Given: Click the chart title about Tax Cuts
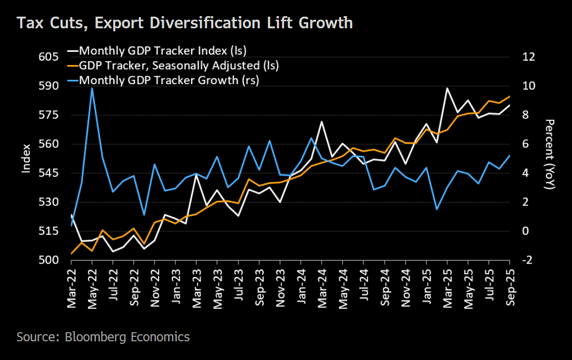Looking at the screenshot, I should (x=184, y=23).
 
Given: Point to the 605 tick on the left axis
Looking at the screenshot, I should (x=49, y=57).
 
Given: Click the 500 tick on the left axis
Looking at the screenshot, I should (x=49, y=260).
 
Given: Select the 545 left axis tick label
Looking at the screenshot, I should (x=49, y=173).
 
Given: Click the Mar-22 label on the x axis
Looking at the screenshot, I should (x=71, y=289).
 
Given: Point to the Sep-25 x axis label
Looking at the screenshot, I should (x=509, y=289).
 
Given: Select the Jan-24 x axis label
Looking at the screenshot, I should (x=301, y=289).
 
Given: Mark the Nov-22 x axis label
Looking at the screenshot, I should (x=155, y=289).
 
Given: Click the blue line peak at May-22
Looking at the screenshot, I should (x=92, y=88).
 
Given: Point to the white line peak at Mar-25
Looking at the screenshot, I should (x=447, y=88).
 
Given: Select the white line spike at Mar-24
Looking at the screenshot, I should (x=322, y=122).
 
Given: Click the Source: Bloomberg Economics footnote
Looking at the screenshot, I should (x=103, y=337).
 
